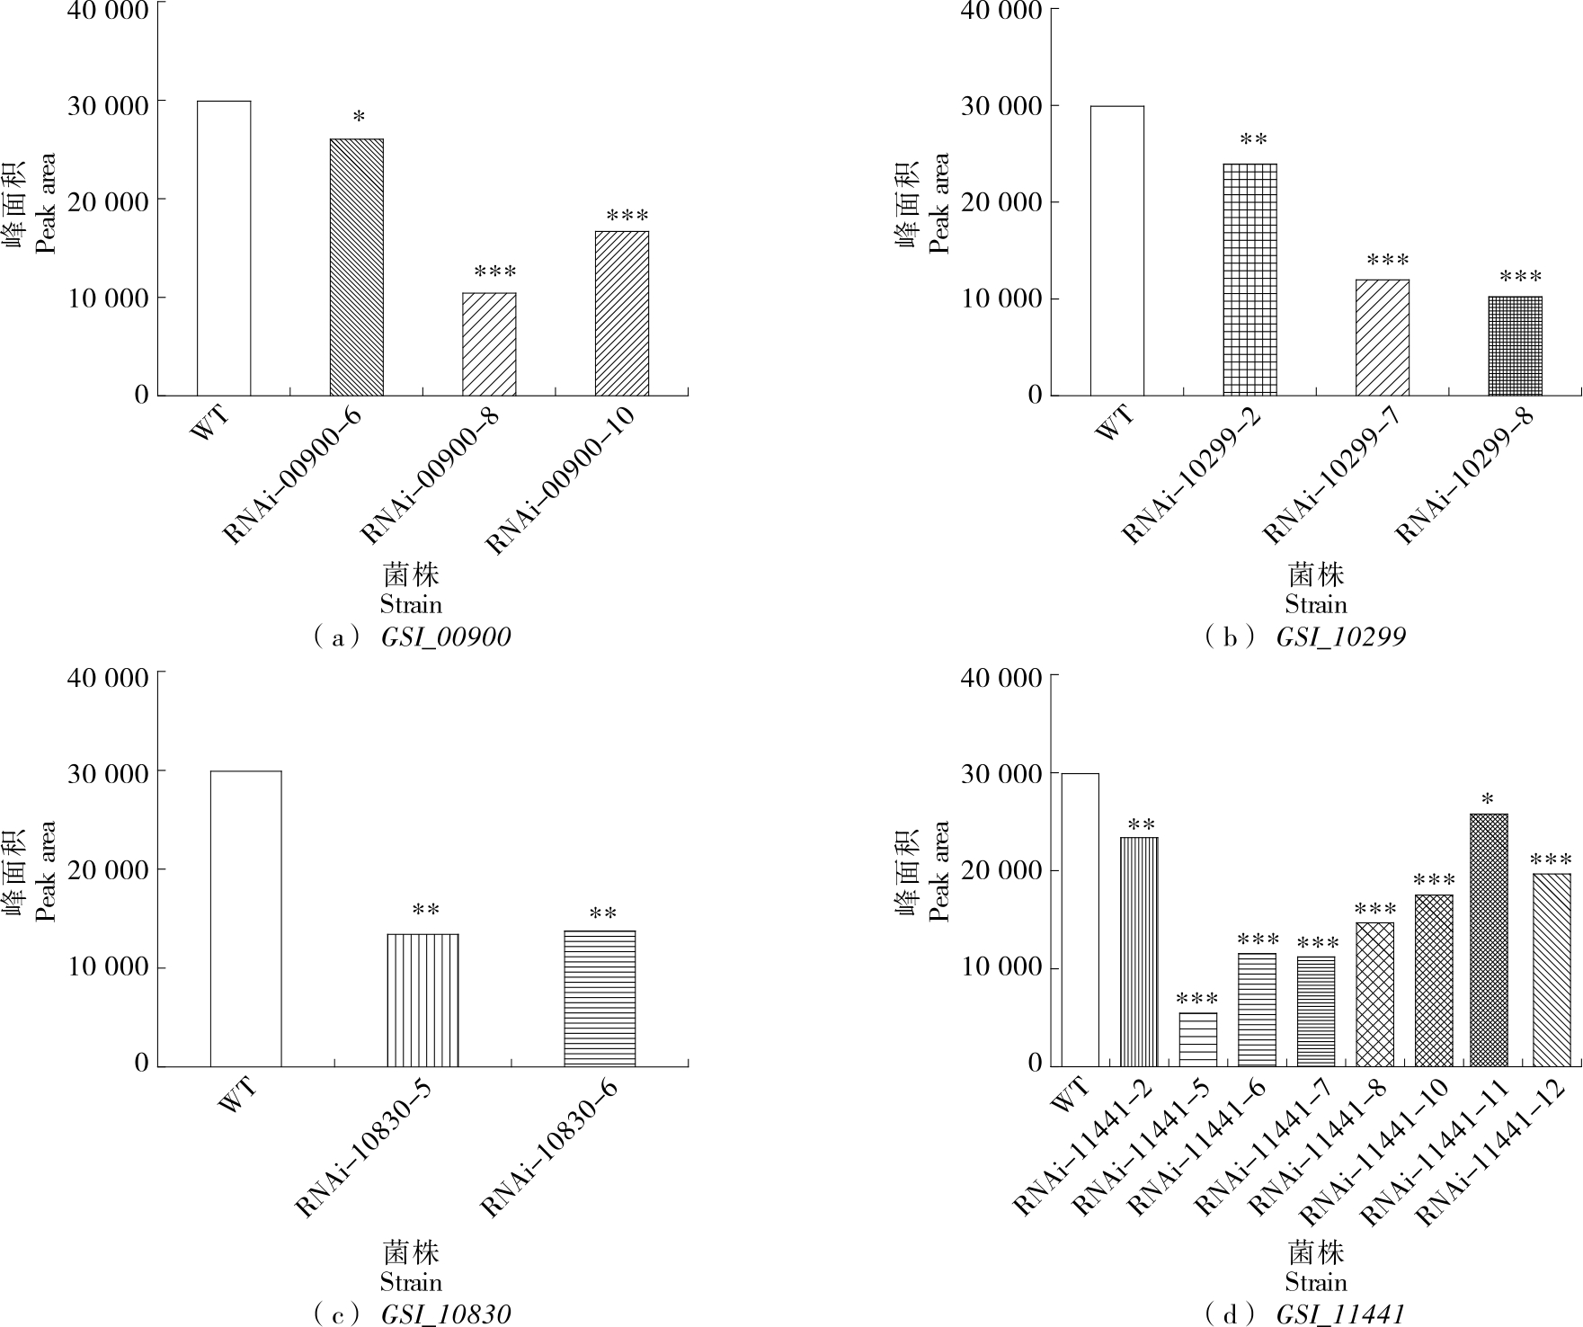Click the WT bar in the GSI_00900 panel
click(x=224, y=248)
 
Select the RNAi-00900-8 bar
click(x=489, y=344)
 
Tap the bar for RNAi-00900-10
click(x=621, y=314)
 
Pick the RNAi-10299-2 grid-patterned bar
click(x=1250, y=280)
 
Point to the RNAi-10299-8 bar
click(x=1515, y=346)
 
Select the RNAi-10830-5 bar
click(x=422, y=1000)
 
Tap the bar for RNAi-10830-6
click(x=600, y=998)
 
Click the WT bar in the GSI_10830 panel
click(x=245, y=918)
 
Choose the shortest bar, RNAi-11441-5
click(x=1197, y=1039)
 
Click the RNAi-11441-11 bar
click(x=1489, y=940)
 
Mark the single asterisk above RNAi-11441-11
click(x=1489, y=799)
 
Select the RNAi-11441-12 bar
click(x=1552, y=969)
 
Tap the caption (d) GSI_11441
click(x=1306, y=1314)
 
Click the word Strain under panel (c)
click(x=411, y=1282)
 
